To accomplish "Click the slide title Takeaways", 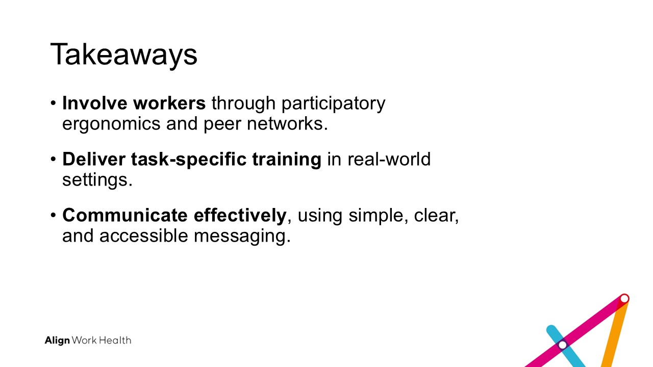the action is [124, 55].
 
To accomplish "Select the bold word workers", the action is [169, 103].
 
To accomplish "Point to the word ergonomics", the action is [111, 124].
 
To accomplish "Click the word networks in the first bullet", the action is [287, 123].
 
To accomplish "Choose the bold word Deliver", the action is [93, 159].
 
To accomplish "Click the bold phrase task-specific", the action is [189, 160].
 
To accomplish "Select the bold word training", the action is [287, 160].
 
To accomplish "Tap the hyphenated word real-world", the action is [389, 159].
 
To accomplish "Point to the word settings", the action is [97, 180].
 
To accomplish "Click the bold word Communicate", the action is [125, 215].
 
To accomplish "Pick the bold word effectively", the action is [240, 216].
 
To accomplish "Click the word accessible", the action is [143, 235].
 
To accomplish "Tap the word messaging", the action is [242, 237].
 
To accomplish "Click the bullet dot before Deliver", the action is [53, 159].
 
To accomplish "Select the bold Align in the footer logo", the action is [57, 340].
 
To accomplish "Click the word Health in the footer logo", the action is [115, 340].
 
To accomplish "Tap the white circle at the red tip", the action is [624, 299].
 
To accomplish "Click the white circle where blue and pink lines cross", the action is [563, 345].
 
